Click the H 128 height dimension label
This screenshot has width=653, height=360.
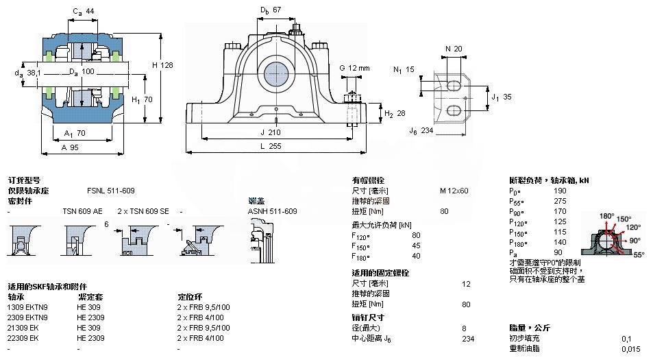coord(162,64)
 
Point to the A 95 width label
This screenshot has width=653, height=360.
coord(69,147)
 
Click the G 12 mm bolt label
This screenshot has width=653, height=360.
coord(354,67)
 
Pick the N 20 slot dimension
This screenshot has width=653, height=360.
coord(454,48)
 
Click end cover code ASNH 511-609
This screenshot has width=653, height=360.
coord(272,211)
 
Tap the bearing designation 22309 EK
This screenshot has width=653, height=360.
coord(25,338)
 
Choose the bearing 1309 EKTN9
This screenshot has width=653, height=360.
coord(27,307)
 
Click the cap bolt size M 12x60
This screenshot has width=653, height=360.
coord(454,190)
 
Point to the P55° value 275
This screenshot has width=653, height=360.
coord(560,202)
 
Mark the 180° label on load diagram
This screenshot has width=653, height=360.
coord(607,216)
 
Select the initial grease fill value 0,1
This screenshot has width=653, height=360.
coord(626,338)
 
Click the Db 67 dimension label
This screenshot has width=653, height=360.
coord(271,10)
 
